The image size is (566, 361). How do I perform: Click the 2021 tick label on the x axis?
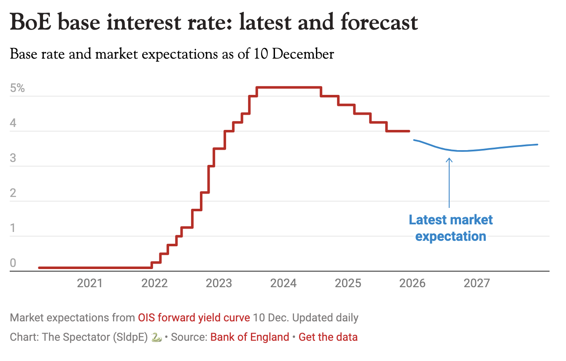pos(89,283)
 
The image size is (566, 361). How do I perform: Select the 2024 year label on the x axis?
pos(283,283)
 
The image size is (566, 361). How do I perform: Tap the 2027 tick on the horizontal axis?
pos(477,283)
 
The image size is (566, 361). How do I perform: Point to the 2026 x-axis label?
pos(412,283)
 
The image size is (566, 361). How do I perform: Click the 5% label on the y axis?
pos(18,89)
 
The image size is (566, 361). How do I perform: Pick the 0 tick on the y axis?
pos(13,263)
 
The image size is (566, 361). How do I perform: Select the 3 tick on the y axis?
pos(13,158)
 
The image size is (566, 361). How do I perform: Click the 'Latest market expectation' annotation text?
pos(450,228)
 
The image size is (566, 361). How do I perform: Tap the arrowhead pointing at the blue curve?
pos(449,159)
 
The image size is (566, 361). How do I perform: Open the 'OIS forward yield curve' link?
pos(194,318)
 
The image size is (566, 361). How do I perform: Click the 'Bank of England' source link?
pos(250,337)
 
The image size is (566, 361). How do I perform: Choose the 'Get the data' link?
pos(328,337)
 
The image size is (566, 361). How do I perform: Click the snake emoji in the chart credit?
pos(156,337)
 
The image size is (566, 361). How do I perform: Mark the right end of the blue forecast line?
pos(537,145)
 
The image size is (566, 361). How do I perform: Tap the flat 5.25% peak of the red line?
pos(289,87)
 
